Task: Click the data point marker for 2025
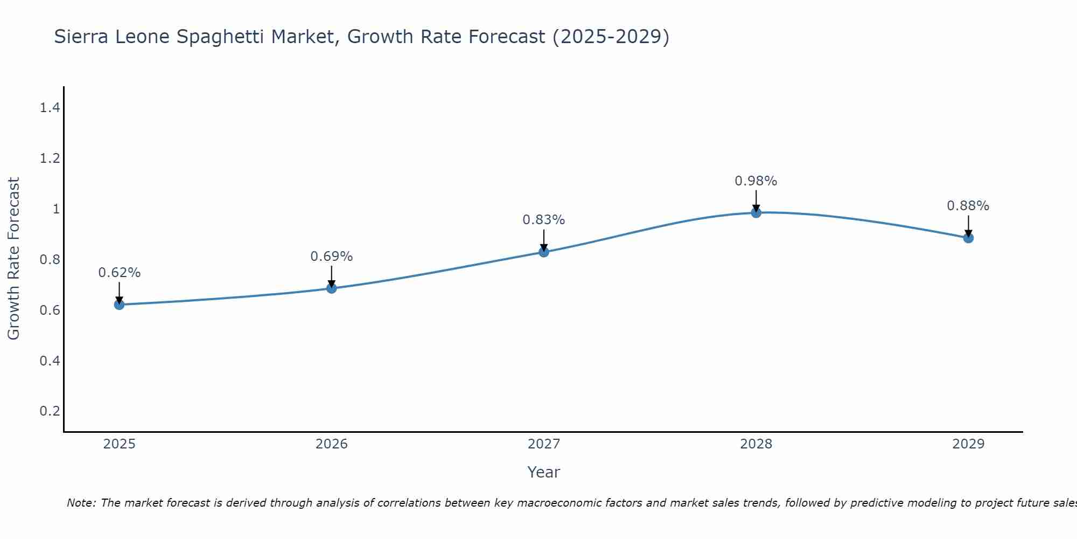(119, 305)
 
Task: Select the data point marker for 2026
(331, 288)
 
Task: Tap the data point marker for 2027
(543, 252)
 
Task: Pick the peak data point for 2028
(756, 212)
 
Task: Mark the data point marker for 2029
(968, 238)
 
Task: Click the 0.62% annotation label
(119, 273)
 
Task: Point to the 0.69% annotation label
(331, 257)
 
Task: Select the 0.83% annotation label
(543, 220)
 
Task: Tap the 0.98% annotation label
(756, 181)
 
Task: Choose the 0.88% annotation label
(968, 206)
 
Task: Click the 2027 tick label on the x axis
(543, 444)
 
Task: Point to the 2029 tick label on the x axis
(968, 444)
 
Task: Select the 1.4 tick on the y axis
(50, 108)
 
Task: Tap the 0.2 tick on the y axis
(50, 411)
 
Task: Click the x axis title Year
(543, 472)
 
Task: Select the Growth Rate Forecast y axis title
(13, 259)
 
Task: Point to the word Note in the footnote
(81, 503)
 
